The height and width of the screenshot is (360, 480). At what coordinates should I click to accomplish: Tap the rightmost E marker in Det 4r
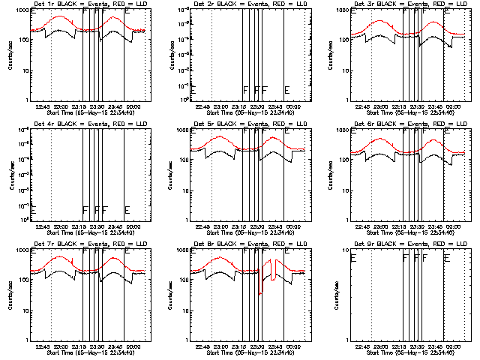[x=127, y=209]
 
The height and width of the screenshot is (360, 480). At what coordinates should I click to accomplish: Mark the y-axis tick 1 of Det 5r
[x=187, y=219]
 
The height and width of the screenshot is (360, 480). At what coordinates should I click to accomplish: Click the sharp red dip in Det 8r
[x=261, y=292]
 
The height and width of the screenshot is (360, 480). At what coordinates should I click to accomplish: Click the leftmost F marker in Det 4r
[x=85, y=209]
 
